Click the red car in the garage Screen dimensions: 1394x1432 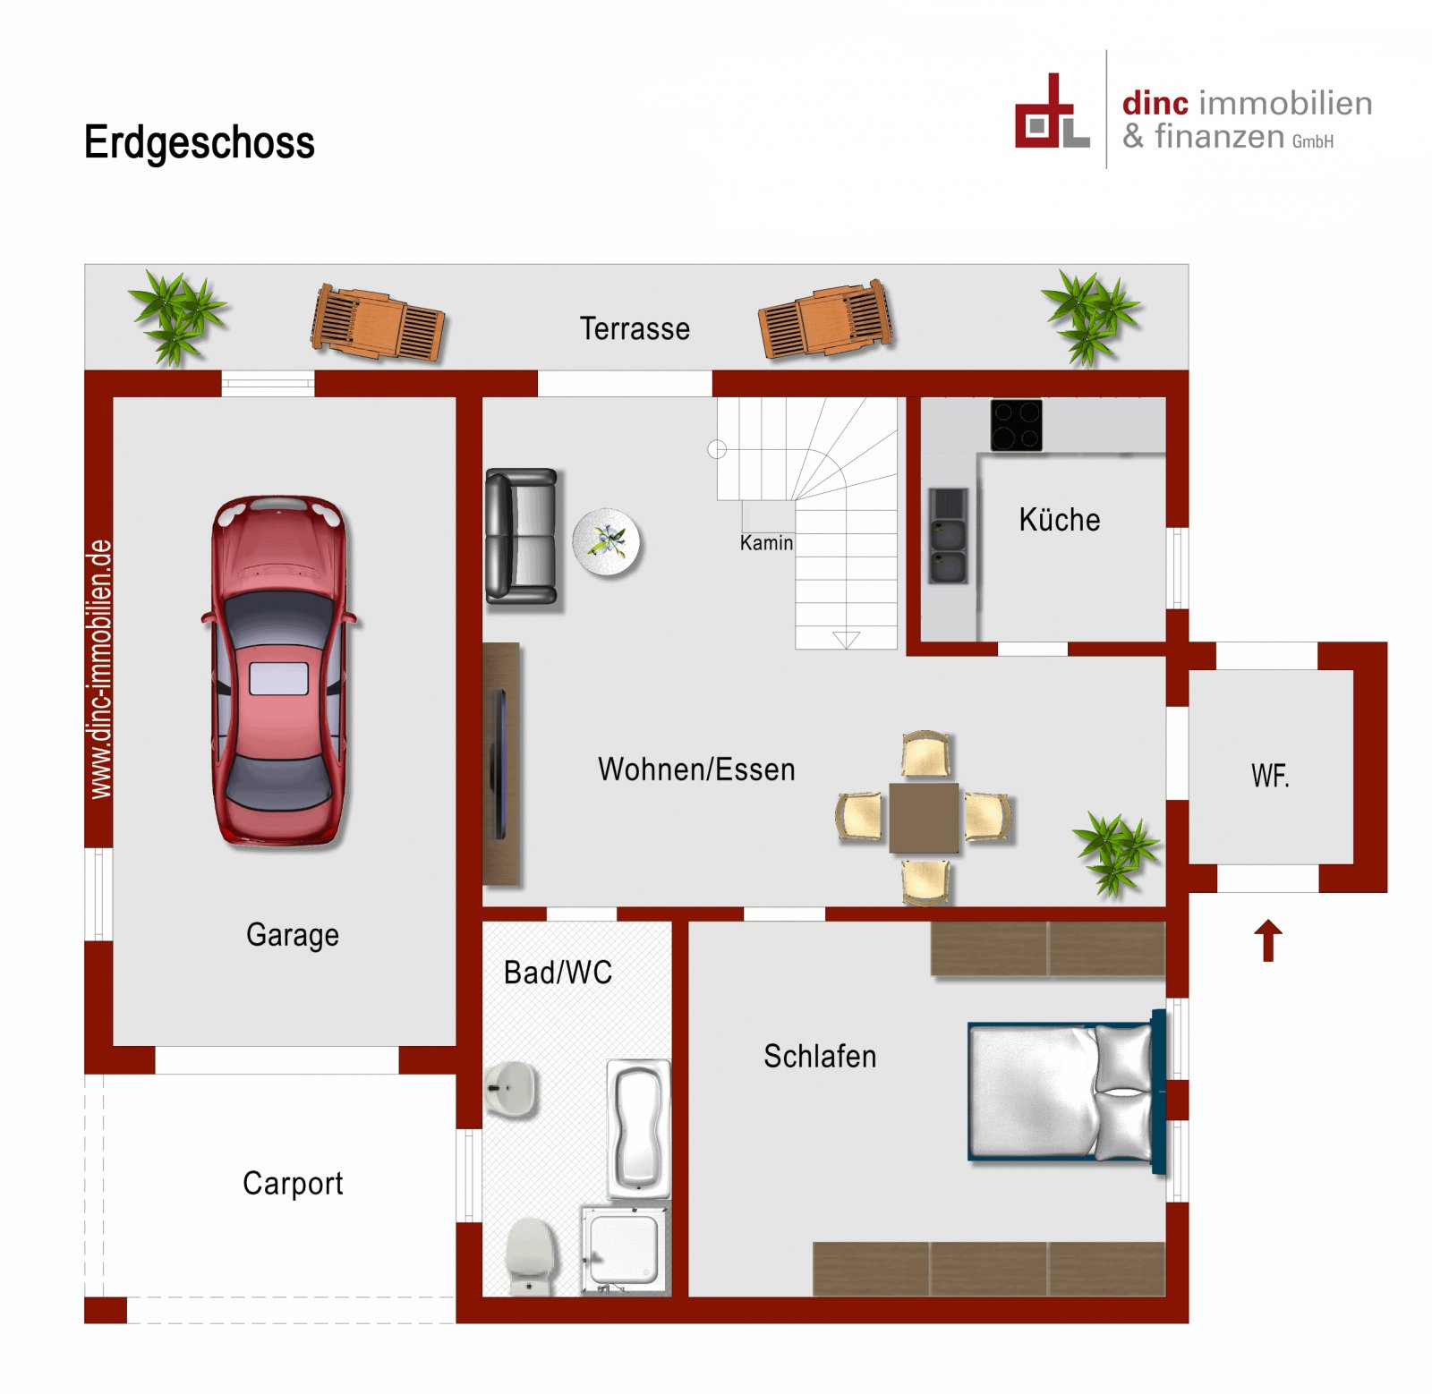279,671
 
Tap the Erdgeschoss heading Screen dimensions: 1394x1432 199,142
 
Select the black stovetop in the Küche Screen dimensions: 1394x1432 1016,424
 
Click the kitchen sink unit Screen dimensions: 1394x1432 948,536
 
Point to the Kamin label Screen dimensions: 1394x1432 766,543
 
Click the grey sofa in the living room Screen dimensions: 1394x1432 521,536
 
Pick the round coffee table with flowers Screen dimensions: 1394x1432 607,541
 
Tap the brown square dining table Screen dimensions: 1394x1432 924,817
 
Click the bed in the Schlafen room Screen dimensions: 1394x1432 1065,1092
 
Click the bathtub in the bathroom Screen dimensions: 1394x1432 638,1128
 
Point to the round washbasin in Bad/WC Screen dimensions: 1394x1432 512,1089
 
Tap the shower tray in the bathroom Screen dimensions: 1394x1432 624,1249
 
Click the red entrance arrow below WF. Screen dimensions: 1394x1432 1267,940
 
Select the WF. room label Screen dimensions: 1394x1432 1270,775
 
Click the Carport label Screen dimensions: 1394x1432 293,1183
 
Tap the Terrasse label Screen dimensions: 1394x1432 635,328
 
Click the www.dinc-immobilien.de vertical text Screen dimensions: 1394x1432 100,668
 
